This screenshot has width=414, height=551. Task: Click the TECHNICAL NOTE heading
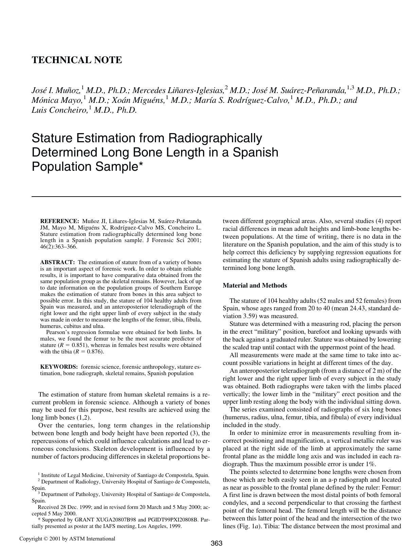point(76,60)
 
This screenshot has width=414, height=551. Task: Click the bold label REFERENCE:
point(59,221)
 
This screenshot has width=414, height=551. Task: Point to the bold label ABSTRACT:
point(57,262)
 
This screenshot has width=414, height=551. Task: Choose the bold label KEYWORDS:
point(59,367)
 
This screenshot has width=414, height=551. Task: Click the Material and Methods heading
point(254,286)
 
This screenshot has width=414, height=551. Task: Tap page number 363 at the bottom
point(216,543)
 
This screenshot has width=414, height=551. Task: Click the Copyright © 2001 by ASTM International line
point(67,538)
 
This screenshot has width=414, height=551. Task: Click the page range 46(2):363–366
point(58,247)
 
